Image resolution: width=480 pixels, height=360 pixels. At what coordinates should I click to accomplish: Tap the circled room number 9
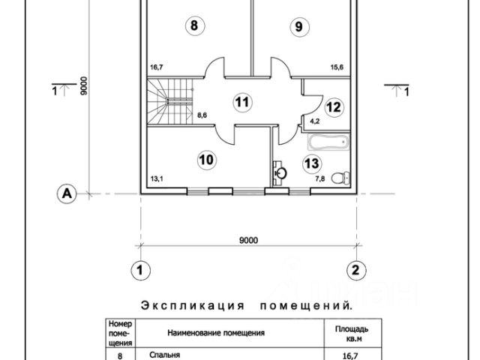(298, 27)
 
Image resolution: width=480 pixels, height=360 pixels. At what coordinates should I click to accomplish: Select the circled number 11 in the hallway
(240, 102)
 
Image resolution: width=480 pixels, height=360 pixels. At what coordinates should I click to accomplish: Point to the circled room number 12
(334, 106)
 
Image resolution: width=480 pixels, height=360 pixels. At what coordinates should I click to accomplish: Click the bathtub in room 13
(325, 140)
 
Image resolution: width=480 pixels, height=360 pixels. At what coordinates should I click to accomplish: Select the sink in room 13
(280, 172)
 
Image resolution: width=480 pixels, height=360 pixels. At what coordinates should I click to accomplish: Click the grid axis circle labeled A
(67, 193)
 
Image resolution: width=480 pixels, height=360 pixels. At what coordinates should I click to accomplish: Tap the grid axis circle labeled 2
(357, 268)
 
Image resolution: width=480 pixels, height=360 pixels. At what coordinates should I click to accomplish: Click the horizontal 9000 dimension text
(249, 240)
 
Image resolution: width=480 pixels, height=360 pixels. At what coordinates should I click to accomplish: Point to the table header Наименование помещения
(216, 330)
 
